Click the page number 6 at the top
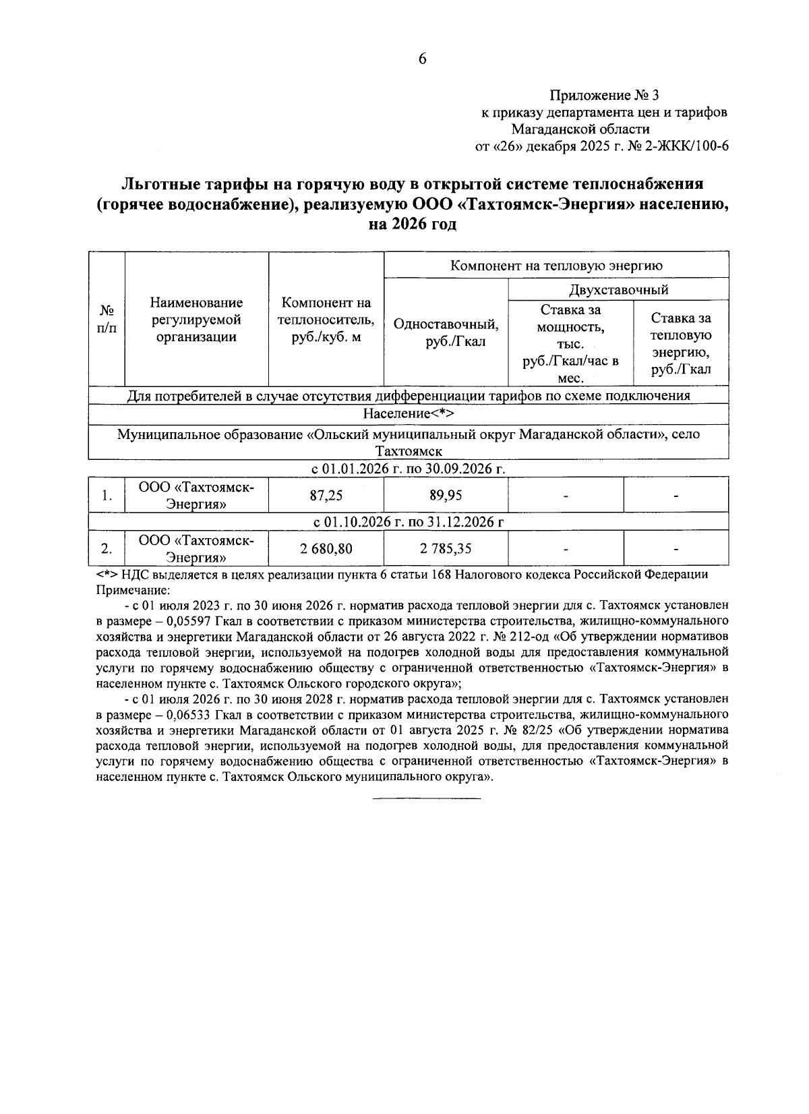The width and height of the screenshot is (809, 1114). (423, 59)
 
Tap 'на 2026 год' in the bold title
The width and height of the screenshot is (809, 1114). (412, 224)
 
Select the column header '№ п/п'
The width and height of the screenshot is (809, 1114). (107, 319)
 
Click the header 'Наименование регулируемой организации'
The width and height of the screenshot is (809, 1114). (196, 320)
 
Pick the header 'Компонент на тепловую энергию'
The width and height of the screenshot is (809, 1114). (556, 265)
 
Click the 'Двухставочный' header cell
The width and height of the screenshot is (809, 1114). (618, 290)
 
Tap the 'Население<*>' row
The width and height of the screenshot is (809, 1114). (409, 413)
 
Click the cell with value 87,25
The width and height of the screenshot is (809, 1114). (326, 496)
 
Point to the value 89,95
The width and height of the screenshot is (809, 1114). (446, 496)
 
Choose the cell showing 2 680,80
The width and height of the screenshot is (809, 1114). (326, 549)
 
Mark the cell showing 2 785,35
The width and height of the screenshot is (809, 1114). (446, 549)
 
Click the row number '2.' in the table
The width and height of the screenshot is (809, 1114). (106, 549)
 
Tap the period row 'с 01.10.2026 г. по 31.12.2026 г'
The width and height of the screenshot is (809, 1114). (409, 521)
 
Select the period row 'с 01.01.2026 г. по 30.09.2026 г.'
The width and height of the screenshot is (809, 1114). (409, 468)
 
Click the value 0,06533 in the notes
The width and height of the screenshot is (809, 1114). (187, 713)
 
